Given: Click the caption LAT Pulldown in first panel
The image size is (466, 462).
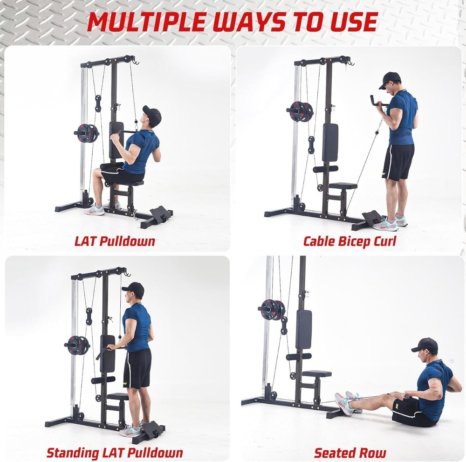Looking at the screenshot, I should [x=115, y=241].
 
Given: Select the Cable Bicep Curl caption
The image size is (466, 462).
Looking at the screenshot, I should [x=349, y=241].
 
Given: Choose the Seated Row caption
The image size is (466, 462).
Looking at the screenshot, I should [x=349, y=452].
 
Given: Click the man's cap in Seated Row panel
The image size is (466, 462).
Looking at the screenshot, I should [x=425, y=345].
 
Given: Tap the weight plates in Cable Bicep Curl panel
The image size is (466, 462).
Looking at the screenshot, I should [x=300, y=111].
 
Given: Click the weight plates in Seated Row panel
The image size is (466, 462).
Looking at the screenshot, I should [x=273, y=310].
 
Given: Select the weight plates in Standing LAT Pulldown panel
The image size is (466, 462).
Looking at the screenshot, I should [x=77, y=345].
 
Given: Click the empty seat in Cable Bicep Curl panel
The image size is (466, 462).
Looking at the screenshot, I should [x=343, y=186].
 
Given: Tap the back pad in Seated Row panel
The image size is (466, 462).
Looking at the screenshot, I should [x=303, y=329].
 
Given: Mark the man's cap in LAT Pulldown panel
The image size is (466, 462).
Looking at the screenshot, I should [x=152, y=114].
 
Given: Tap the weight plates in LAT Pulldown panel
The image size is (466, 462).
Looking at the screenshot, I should [x=87, y=133].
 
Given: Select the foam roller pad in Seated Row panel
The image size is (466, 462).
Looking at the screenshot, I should [x=298, y=357].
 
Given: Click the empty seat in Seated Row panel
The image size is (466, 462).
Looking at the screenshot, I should [x=317, y=373].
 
